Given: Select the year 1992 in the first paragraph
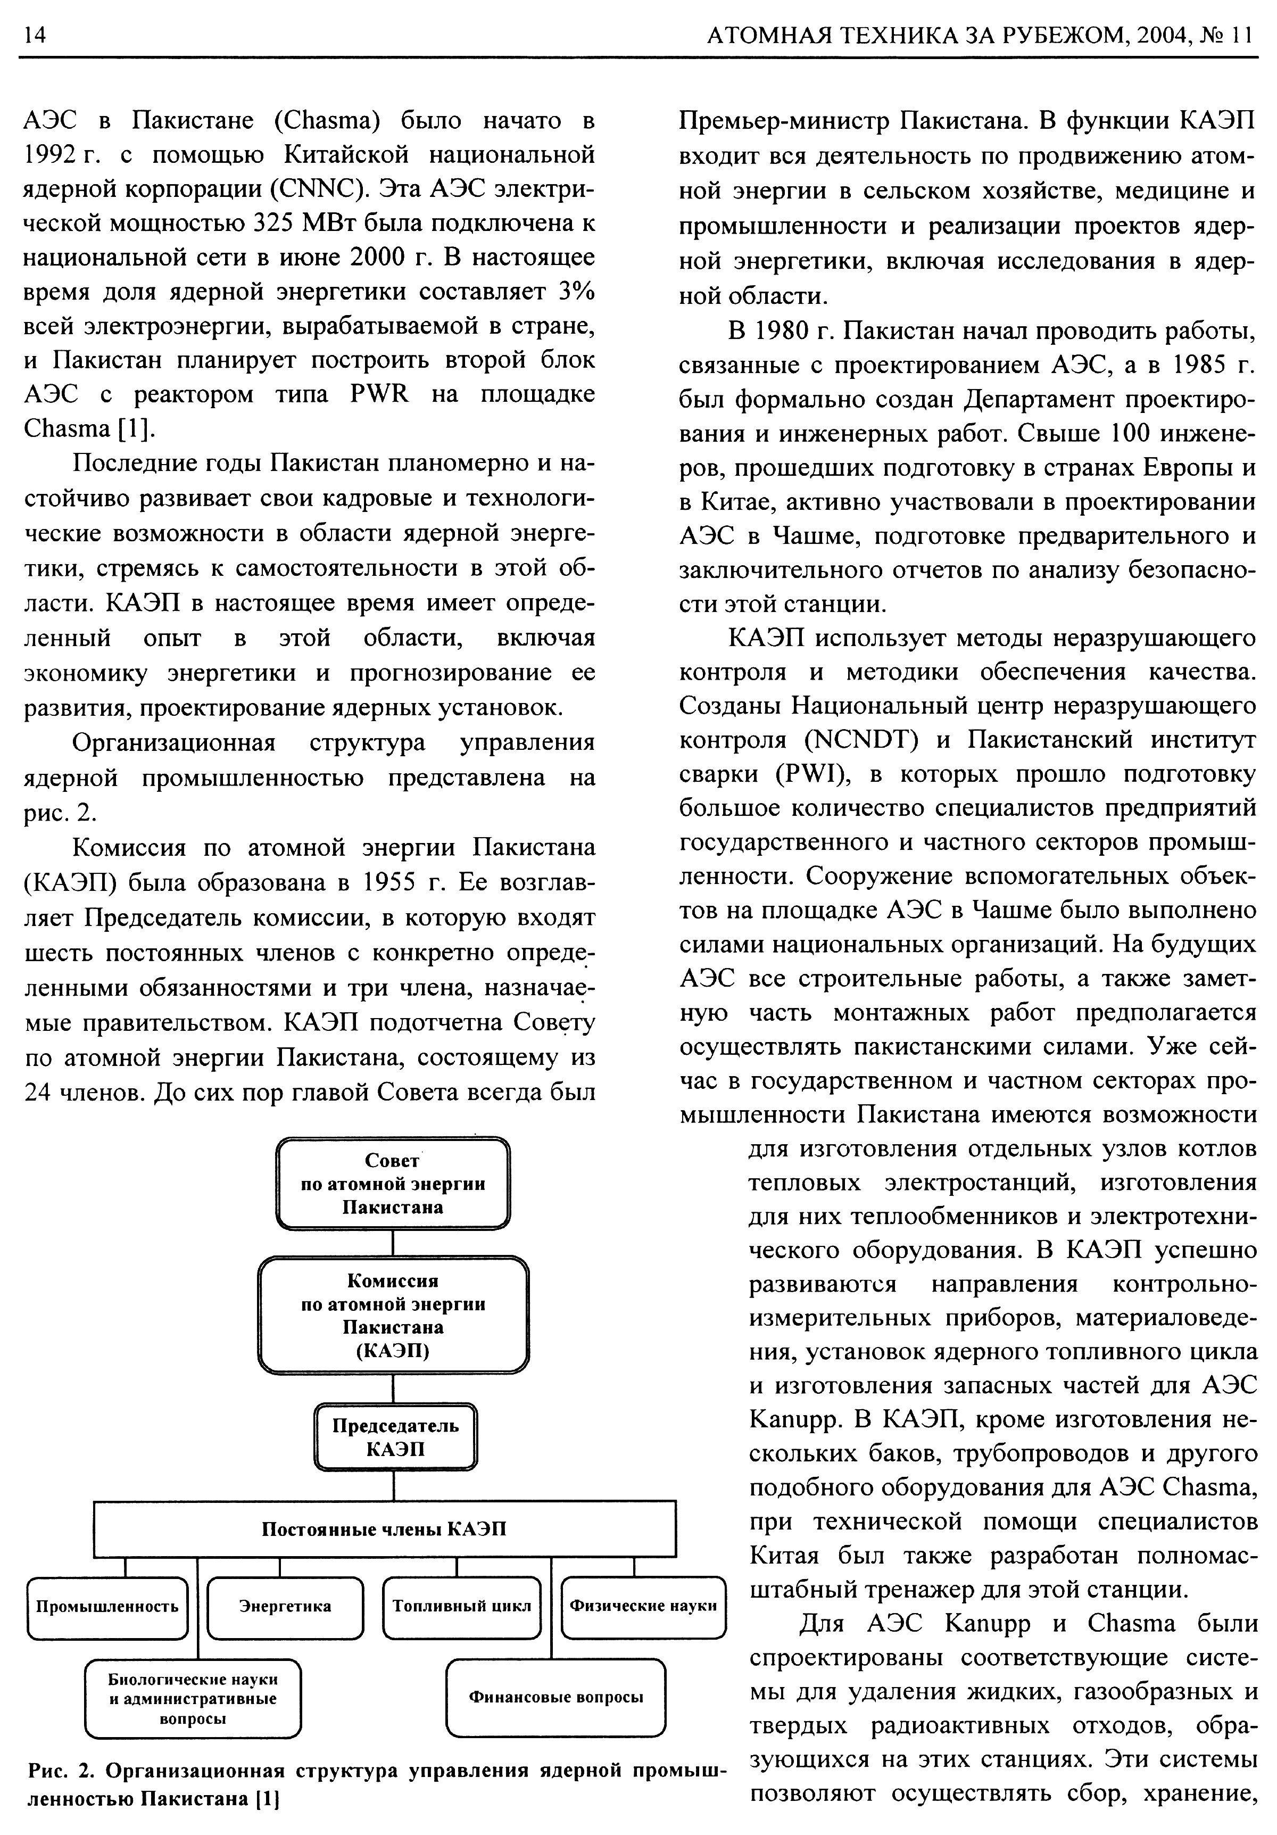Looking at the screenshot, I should coord(53,155).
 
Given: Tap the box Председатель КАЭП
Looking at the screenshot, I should coord(395,1437).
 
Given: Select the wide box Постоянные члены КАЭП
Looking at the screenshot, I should coord(384,1529).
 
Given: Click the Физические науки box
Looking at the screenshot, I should coord(643,1606).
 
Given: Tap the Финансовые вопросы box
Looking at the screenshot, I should coord(555,1697).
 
